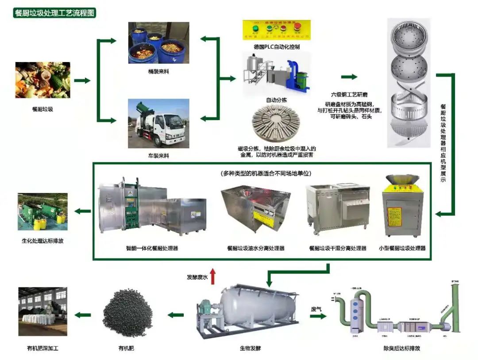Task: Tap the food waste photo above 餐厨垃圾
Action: click(42, 80)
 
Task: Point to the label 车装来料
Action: click(158, 155)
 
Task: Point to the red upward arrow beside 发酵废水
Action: click(213, 276)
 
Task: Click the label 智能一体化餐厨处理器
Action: click(152, 248)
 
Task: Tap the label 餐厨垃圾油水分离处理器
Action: click(256, 248)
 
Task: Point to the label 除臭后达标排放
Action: click(401, 348)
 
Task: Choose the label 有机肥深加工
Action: click(42, 348)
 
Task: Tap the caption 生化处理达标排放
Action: click(42, 241)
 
